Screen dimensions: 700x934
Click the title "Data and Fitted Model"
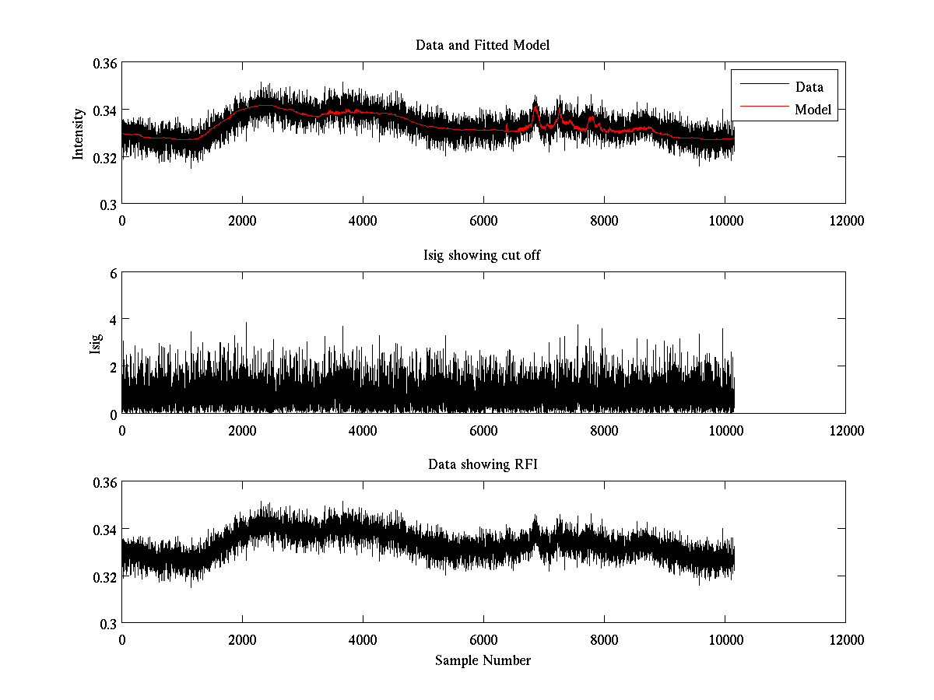point(483,45)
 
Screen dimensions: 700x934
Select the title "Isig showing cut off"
point(483,255)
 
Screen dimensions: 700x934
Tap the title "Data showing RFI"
point(483,465)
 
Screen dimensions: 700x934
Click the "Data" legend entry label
point(809,87)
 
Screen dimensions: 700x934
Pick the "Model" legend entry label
point(813,110)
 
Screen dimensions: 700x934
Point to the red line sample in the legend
point(764,110)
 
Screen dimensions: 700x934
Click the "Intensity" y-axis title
point(78,133)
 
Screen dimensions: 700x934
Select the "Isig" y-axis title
point(95,343)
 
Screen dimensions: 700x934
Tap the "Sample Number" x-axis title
point(483,660)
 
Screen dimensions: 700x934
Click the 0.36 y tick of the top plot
point(106,63)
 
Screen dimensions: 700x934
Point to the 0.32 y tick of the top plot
point(106,157)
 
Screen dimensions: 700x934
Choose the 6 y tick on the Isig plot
point(112,273)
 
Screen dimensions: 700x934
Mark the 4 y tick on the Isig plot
point(112,320)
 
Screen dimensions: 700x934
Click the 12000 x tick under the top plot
point(844,220)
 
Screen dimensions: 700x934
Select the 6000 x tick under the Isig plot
point(483,430)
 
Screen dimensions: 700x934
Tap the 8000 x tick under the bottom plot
point(604,639)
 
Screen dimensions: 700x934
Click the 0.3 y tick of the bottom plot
point(109,624)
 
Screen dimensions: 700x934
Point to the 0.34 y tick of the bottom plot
point(106,530)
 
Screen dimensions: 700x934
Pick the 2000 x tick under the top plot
point(242,220)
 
